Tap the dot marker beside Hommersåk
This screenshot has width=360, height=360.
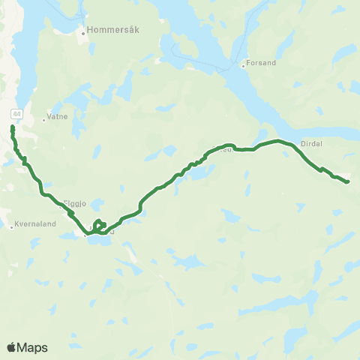[82, 33]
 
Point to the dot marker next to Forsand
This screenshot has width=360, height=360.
[243, 65]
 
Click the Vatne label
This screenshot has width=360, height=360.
[58, 117]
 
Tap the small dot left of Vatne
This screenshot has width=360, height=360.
[44, 119]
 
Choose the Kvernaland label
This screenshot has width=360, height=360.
[34, 223]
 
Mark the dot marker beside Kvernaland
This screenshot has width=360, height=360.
[12, 226]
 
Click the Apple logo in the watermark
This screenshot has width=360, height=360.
[11, 347]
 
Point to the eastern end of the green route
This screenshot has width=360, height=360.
[348, 181]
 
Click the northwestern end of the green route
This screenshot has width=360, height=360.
[12, 128]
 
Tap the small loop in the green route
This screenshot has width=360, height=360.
[100, 224]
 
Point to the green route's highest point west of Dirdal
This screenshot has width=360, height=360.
[279, 140]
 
